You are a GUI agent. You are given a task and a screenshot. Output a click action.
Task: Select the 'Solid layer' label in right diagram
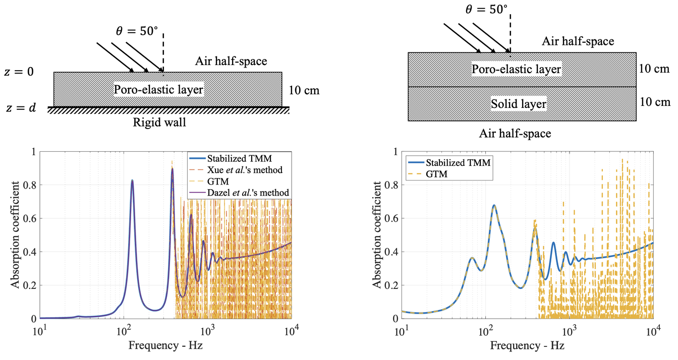[518, 104]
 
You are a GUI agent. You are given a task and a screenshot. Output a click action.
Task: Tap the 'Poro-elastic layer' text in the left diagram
[158, 90]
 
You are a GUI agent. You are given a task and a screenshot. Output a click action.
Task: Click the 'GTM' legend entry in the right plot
[436, 174]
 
